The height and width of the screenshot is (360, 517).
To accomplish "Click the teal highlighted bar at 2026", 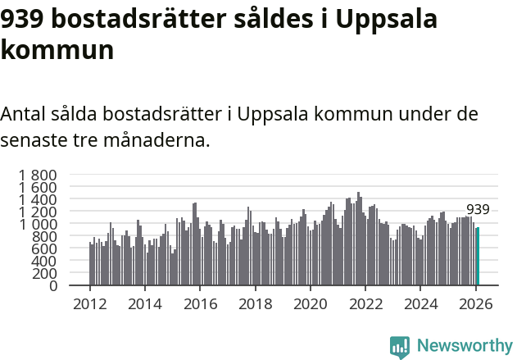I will click(x=478, y=257).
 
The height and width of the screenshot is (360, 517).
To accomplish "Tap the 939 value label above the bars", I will click(x=478, y=209).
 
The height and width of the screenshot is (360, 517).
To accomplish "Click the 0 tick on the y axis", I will click(x=52, y=286).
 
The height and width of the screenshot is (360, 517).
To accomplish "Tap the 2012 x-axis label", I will click(x=90, y=304).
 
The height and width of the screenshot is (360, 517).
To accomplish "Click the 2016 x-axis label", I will click(x=200, y=304).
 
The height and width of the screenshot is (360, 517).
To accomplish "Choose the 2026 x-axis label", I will click(x=475, y=304).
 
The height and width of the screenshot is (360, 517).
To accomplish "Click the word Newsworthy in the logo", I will click(x=465, y=345).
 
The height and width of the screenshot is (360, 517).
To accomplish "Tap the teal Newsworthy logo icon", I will click(x=400, y=347).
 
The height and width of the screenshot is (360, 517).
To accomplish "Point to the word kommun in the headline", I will click(x=57, y=51).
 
